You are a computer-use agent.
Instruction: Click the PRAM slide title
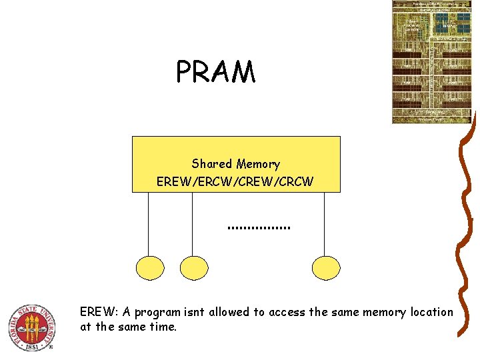click(x=215, y=72)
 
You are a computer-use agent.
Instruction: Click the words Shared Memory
click(x=235, y=164)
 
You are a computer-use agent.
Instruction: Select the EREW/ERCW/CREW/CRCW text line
click(x=235, y=181)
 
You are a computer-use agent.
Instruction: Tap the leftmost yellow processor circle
click(x=149, y=268)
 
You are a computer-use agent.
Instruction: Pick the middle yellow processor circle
click(x=193, y=268)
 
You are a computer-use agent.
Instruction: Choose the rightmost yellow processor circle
click(x=325, y=268)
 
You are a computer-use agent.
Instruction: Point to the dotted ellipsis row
click(x=259, y=228)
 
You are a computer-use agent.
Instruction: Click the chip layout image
click(x=431, y=61)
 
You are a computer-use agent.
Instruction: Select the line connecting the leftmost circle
click(x=149, y=223)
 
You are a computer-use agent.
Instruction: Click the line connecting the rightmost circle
click(x=325, y=223)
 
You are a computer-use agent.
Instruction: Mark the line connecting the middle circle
click(x=193, y=223)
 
